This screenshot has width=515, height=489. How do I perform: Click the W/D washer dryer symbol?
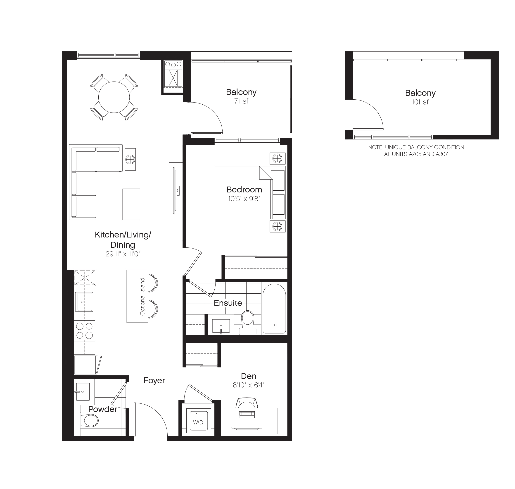(198, 422)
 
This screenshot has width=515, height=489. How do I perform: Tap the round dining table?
(114, 97)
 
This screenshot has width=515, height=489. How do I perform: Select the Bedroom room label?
(244, 189)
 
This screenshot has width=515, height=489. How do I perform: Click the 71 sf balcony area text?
(241, 101)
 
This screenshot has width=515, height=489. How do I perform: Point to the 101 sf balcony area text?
(420, 102)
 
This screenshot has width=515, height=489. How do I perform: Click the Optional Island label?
(142, 296)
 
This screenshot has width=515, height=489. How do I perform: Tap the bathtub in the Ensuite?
(274, 309)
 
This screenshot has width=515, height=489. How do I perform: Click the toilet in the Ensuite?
(247, 321)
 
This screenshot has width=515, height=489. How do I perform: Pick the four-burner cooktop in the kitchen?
(84, 331)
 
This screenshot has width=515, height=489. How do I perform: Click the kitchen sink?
(84, 302)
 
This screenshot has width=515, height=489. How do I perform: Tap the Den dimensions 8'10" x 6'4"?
(248, 385)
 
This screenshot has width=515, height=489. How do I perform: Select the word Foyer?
(154, 381)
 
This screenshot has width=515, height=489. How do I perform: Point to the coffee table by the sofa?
(131, 204)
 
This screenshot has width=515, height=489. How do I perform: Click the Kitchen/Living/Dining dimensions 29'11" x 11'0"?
(123, 254)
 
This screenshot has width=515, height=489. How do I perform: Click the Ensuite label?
(228, 303)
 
